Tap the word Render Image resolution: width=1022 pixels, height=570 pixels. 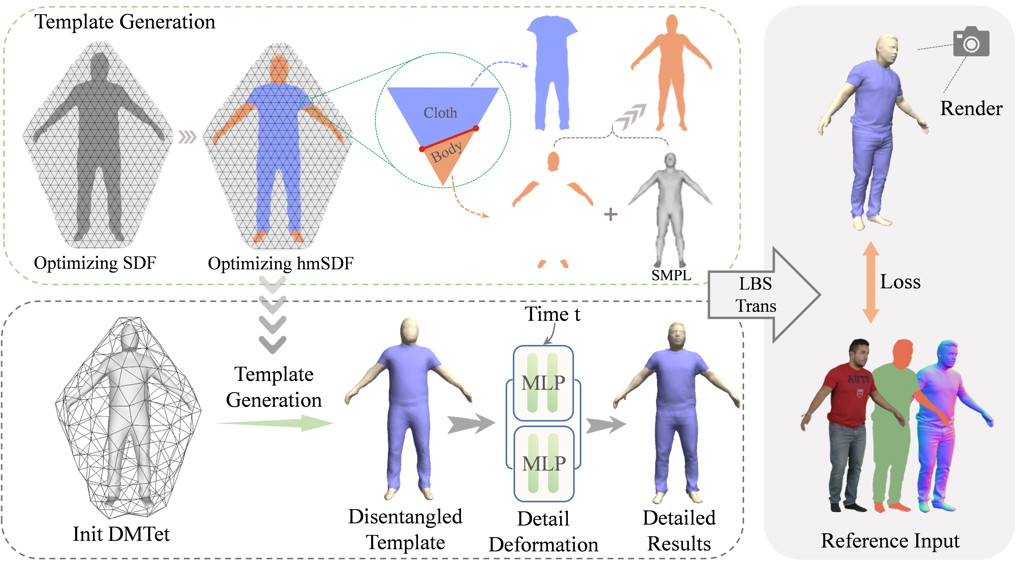(x=971, y=108)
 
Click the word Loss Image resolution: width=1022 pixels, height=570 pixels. (x=900, y=282)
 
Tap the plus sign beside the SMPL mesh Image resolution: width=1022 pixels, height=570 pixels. (x=610, y=215)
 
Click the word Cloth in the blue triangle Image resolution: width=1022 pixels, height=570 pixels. (x=440, y=113)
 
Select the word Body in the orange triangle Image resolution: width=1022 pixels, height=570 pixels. (x=446, y=152)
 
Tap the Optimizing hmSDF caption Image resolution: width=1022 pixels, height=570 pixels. (x=281, y=263)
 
